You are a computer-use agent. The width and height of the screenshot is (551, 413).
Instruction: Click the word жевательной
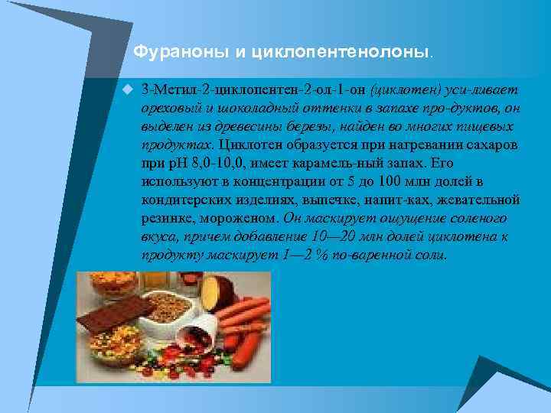pos(481,200)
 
